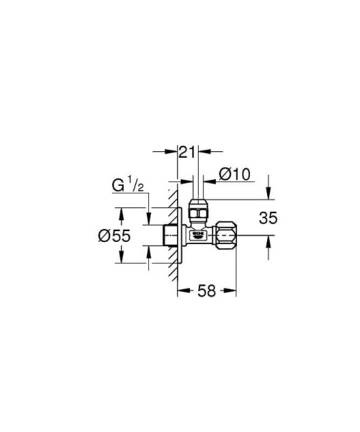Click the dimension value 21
pyautogui.click(x=187, y=152)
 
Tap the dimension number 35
pyautogui.click(x=268, y=217)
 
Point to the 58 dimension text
pyautogui.click(x=207, y=292)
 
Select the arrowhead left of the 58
pyautogui.click(x=181, y=292)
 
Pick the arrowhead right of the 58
pyautogui.click(x=233, y=292)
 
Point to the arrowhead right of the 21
pyautogui.click(x=204, y=152)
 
